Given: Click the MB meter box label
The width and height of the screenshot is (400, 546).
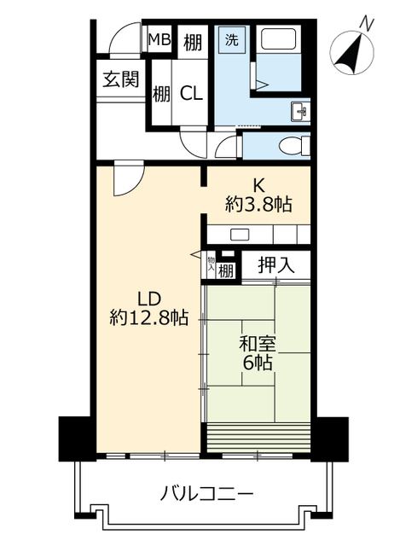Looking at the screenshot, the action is click(x=159, y=39).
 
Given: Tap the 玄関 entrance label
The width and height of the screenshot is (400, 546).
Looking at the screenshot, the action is click(x=121, y=79).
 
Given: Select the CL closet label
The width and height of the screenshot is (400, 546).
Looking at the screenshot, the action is click(x=191, y=93).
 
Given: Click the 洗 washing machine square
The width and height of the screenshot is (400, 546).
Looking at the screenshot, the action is click(x=232, y=40).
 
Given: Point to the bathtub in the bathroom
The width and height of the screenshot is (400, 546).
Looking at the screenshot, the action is click(x=279, y=39).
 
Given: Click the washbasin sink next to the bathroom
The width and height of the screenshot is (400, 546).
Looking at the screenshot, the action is click(x=300, y=112).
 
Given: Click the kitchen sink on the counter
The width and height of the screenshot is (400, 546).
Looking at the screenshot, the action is click(x=241, y=235).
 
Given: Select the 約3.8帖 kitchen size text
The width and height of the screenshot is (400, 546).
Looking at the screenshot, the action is click(x=258, y=205).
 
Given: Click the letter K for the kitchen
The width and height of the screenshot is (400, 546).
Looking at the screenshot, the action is click(x=258, y=186).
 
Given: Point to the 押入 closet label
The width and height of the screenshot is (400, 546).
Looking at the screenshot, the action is click(x=276, y=265).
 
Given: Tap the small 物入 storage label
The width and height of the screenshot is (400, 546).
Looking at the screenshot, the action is click(x=211, y=264).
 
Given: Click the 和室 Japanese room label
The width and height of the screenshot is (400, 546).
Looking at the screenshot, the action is click(x=258, y=345).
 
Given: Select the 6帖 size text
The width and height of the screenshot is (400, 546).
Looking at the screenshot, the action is click(x=258, y=363).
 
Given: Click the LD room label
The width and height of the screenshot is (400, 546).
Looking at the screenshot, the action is click(x=149, y=299).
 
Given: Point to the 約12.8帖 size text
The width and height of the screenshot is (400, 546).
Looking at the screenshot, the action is click(x=149, y=317).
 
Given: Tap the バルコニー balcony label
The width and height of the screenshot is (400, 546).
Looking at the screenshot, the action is click(x=206, y=493).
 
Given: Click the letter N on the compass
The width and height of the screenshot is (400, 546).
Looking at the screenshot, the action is click(x=367, y=24).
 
